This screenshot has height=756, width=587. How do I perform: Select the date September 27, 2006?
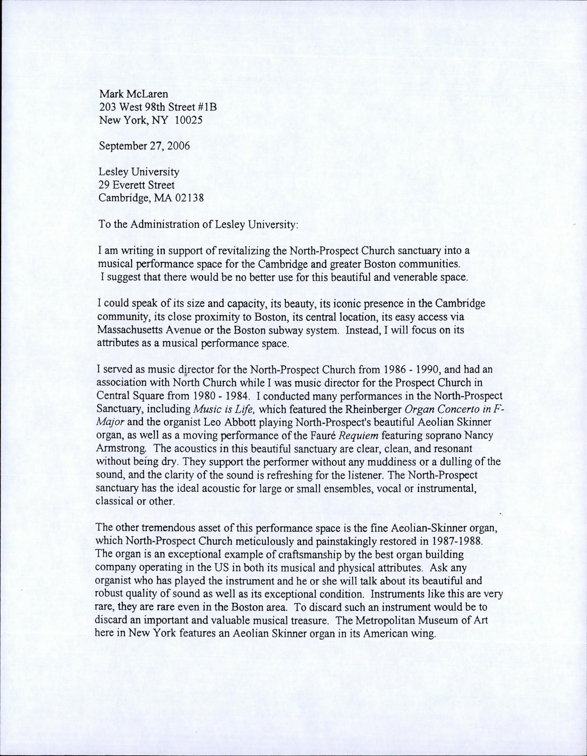137,146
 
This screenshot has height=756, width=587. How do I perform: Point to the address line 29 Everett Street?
136,185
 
